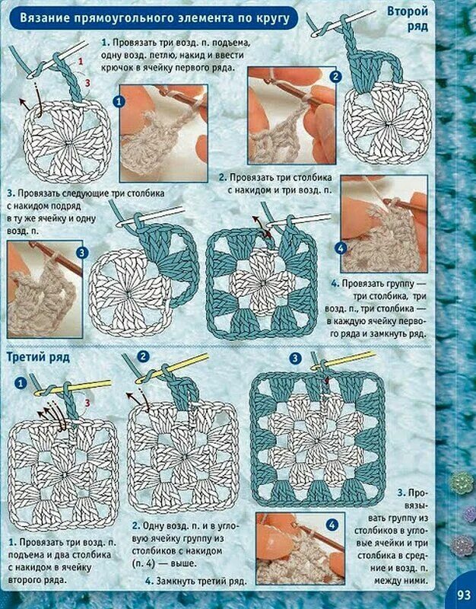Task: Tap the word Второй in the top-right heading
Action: [x=408, y=11]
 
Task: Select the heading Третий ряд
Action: [x=38, y=357]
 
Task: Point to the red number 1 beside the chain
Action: [x=81, y=61]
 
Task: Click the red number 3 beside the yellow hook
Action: [x=87, y=403]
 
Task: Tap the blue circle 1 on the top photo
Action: [x=119, y=102]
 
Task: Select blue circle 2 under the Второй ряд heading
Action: [x=335, y=77]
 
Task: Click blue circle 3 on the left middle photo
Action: [x=81, y=253]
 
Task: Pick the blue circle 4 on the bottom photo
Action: [x=332, y=525]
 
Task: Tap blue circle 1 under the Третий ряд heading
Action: [x=21, y=384]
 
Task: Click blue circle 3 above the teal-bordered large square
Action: [x=296, y=359]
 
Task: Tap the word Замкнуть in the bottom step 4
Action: [x=176, y=581]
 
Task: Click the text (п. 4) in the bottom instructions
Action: [x=144, y=563]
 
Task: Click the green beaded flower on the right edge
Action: [x=462, y=482]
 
